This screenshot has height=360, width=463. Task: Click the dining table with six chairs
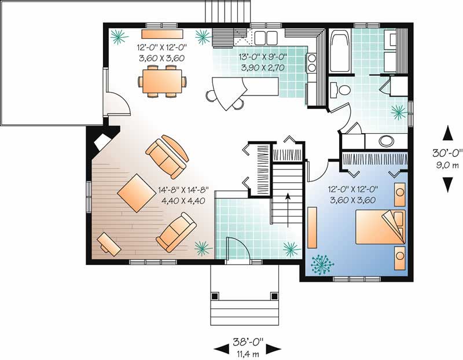[x=163, y=80]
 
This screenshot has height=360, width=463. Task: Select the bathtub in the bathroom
[x=340, y=52]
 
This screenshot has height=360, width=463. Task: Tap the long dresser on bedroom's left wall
[x=312, y=229]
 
